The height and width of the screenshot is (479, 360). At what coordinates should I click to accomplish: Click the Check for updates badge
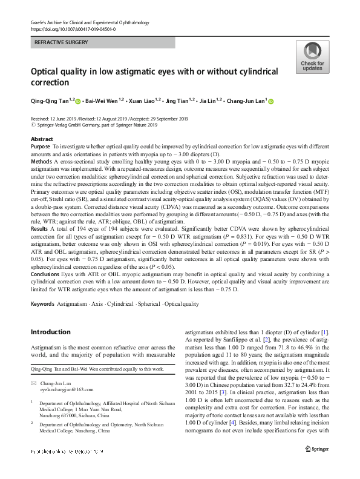(x=312, y=58)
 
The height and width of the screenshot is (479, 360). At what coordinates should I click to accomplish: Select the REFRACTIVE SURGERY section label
(x=62, y=42)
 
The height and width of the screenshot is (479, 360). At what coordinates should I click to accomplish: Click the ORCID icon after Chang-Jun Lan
(x=270, y=102)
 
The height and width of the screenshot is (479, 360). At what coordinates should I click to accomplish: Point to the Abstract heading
(x=42, y=139)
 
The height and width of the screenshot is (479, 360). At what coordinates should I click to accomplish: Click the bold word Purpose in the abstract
(x=40, y=147)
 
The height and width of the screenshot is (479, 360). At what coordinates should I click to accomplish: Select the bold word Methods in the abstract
(x=41, y=162)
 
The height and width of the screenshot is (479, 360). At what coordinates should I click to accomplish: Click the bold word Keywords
(x=42, y=304)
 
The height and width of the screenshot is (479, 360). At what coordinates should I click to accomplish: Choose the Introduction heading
(x=50, y=332)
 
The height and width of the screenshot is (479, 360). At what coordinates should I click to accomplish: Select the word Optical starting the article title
(x=47, y=71)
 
